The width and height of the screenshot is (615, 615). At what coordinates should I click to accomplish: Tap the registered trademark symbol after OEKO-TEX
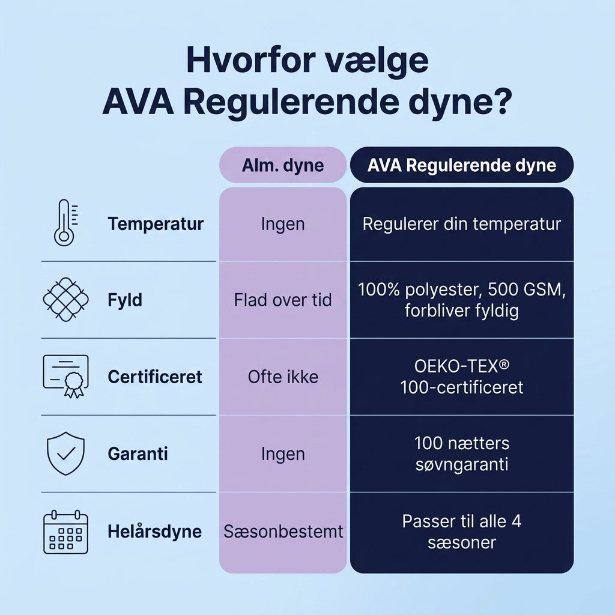coord(504,365)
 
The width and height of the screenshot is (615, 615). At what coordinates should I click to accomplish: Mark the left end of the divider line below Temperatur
coord(41,261)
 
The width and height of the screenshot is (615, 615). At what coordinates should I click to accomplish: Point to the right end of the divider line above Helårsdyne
coord(216,492)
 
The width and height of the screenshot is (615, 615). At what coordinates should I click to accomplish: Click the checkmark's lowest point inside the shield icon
coord(64,459)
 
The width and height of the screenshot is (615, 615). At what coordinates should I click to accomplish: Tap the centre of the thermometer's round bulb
coord(64,237)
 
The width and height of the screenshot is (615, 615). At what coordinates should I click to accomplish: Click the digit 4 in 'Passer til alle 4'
coord(517,522)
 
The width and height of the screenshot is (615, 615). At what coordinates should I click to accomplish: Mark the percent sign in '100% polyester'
coord(393,289)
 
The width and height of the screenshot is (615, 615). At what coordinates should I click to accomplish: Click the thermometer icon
coord(65,223)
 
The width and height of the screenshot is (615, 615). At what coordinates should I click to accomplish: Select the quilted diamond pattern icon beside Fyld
coord(65,300)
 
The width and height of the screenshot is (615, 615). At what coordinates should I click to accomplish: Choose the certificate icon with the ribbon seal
coord(65,376)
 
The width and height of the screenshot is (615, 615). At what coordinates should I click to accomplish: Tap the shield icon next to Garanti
coord(65,453)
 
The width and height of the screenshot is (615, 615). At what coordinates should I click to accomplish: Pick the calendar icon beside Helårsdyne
coord(65,532)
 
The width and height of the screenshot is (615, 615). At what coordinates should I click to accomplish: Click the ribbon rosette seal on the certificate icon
coord(74,384)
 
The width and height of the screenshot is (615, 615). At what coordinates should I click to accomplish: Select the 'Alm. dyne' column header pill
coord(283,165)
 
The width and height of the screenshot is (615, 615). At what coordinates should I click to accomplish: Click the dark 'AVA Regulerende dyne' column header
coord(462,165)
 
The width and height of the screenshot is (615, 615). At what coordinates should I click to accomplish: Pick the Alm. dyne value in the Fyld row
coord(283,300)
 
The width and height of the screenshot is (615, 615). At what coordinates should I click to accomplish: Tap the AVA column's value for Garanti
coord(462,454)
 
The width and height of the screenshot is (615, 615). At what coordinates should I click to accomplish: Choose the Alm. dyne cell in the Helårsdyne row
coord(283,532)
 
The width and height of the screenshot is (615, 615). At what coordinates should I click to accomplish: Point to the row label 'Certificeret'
coord(155,377)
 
